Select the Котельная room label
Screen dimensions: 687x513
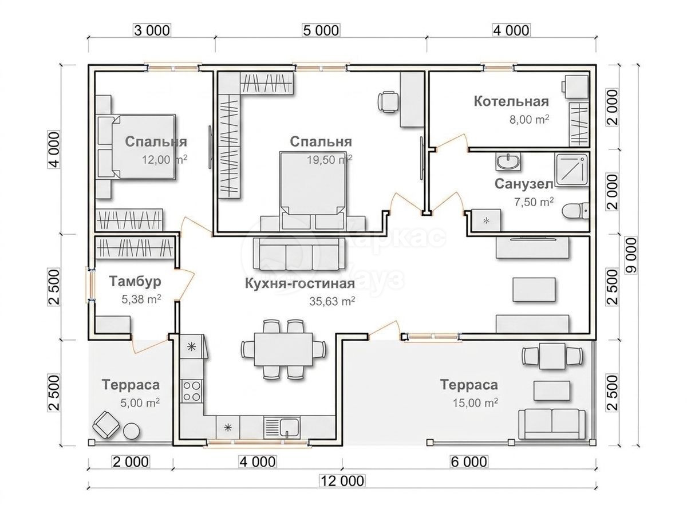[x=511, y=102]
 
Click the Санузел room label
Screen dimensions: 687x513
[x=524, y=184]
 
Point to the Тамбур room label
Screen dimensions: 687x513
[x=135, y=281]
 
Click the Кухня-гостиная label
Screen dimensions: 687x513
[x=300, y=284]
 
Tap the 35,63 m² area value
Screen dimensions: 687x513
[x=332, y=301]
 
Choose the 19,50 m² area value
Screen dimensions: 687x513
[x=329, y=160]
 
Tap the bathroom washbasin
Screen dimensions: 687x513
[x=508, y=162]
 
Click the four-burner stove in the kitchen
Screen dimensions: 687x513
[x=192, y=390]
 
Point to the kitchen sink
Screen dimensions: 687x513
[x=282, y=428]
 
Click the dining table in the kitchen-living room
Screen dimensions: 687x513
[x=283, y=349]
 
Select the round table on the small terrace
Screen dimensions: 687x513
[x=132, y=432]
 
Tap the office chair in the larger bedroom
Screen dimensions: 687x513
[x=389, y=102]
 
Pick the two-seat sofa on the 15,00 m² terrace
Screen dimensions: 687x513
[x=551, y=424]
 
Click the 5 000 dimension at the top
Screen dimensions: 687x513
[x=321, y=31]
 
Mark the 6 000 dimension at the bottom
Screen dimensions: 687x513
[x=469, y=462]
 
